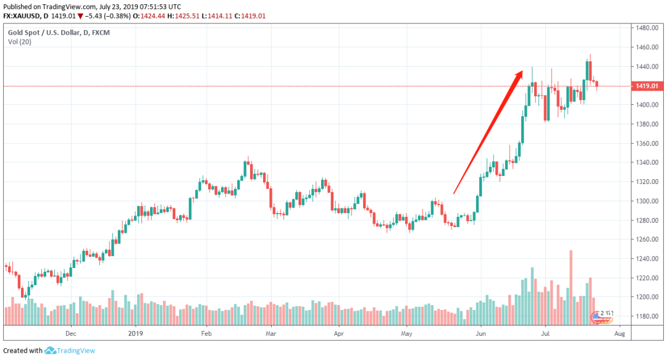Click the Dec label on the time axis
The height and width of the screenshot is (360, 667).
(70, 333)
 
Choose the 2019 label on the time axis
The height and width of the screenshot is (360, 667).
(135, 333)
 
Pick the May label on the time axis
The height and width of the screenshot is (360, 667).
(406, 333)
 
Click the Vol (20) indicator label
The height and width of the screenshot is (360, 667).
(20, 41)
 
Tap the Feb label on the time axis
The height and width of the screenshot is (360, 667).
(206, 333)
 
